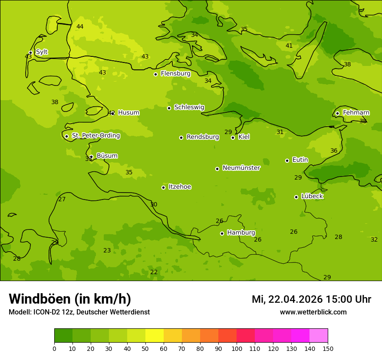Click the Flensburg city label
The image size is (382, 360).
tap(175, 74)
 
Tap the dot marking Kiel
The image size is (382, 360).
tap(233, 137)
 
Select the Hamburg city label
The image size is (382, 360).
tap(241, 233)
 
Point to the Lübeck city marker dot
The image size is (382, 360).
tap(296, 197)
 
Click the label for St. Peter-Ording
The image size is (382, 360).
tap(95, 136)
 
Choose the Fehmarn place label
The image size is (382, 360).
tap(356, 113)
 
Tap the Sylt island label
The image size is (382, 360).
tap(42, 52)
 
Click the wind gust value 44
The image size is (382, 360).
tap(80, 27)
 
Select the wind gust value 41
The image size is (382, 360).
tap(289, 46)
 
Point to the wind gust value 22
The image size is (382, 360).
tap(154, 272)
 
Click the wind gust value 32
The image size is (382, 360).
tap(374, 240)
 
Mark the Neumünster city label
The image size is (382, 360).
tap(241, 168)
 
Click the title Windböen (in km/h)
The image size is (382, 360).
tap(70, 299)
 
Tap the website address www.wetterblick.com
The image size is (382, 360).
tap(313, 312)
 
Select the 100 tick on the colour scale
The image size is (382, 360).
tap(237, 349)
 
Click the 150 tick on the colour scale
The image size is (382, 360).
tap(327, 349)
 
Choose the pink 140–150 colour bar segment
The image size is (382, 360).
tap(319, 336)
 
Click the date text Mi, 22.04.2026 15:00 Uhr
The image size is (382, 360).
tap(311, 299)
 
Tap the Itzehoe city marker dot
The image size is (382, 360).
tap(163, 187)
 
